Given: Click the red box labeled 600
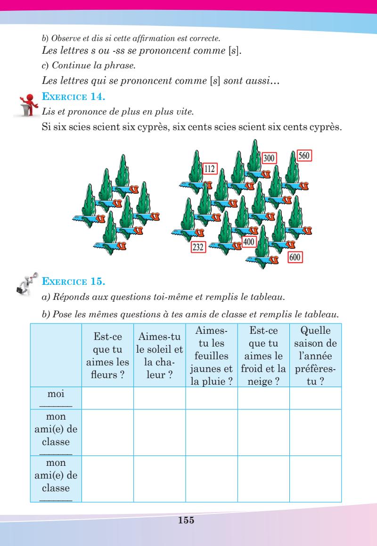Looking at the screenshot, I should tap(295, 257).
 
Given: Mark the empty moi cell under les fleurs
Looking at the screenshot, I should tap(107, 398).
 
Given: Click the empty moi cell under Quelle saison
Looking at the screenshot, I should tap(315, 398).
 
